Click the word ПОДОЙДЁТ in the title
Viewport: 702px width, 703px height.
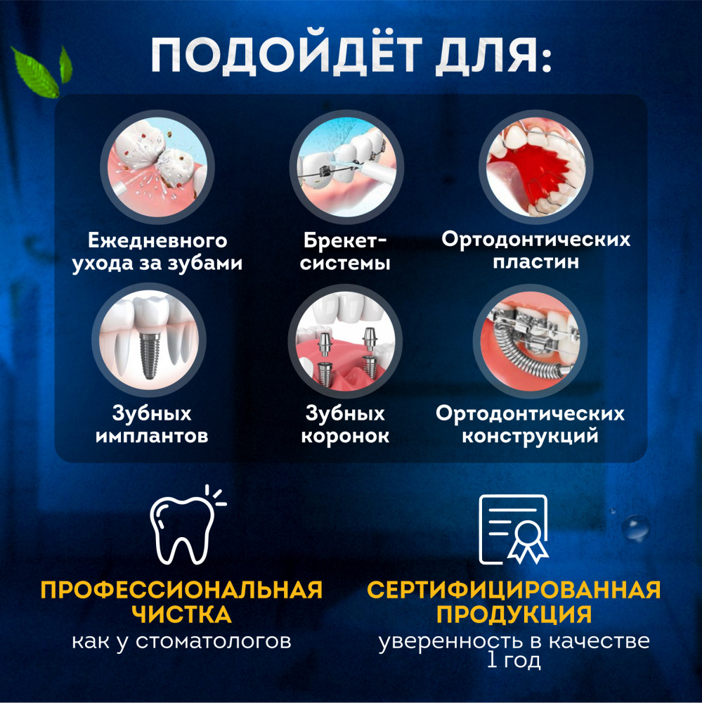click(x=287, y=54)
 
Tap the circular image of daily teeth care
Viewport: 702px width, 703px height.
click(x=157, y=167)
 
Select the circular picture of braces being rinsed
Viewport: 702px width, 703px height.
click(x=346, y=167)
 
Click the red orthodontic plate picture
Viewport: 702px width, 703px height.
click(x=535, y=167)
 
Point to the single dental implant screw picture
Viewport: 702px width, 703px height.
click(x=149, y=340)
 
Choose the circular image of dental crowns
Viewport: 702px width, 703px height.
click(x=345, y=340)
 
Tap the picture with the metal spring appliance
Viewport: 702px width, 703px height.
click(x=530, y=340)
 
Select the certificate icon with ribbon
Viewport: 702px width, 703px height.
click(x=514, y=529)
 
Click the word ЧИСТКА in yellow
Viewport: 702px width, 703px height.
click(x=181, y=614)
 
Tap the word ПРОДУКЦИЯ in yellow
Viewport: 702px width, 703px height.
click(x=514, y=614)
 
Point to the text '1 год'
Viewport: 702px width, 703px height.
click(x=514, y=660)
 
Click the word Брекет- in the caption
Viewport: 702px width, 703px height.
click(x=345, y=240)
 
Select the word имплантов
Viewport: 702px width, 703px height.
click(x=152, y=436)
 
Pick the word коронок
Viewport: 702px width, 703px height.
click(x=345, y=436)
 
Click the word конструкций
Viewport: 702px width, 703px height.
click(x=531, y=437)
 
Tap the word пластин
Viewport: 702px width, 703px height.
click(x=536, y=262)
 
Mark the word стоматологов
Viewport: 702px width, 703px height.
click(x=214, y=641)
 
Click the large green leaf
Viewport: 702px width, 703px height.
click(x=35, y=72)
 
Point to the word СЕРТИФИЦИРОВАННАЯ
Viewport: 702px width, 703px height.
click(x=514, y=590)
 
